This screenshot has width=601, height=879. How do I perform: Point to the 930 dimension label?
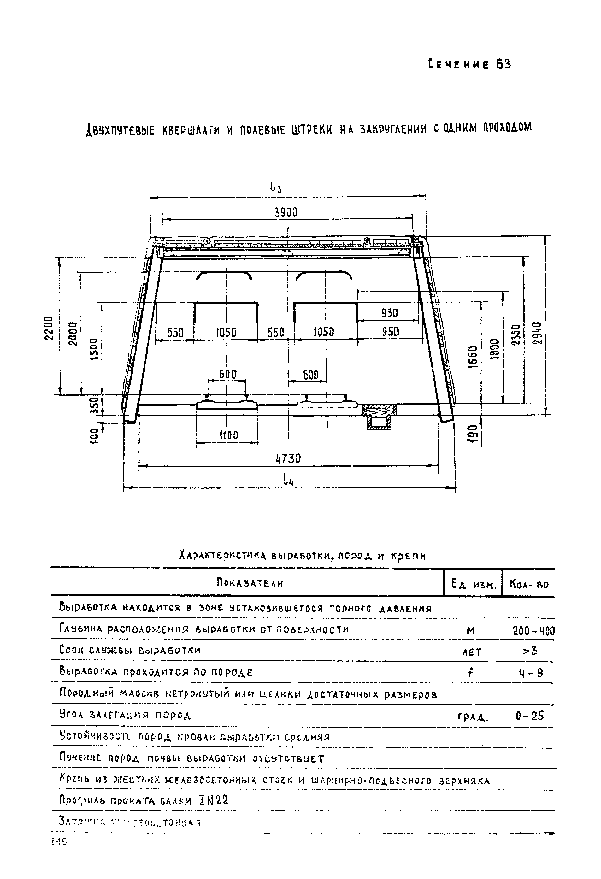[x=390, y=313]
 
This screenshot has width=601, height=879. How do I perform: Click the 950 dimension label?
[x=390, y=332]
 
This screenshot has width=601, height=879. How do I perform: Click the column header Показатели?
[x=250, y=583]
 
